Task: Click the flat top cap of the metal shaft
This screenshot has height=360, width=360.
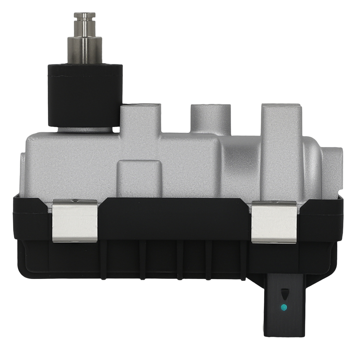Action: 85,15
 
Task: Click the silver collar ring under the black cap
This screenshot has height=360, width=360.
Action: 85,129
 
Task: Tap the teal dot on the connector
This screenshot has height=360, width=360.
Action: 284,307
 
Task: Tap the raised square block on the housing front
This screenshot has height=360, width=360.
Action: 140,178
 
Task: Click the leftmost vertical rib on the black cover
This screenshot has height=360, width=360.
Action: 104,259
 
